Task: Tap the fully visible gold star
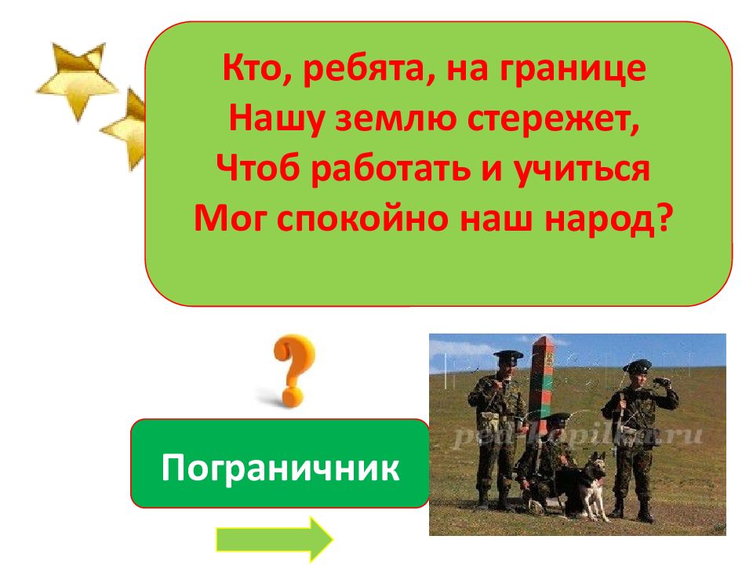tap(76, 77)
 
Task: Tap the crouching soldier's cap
tap(558, 420)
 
